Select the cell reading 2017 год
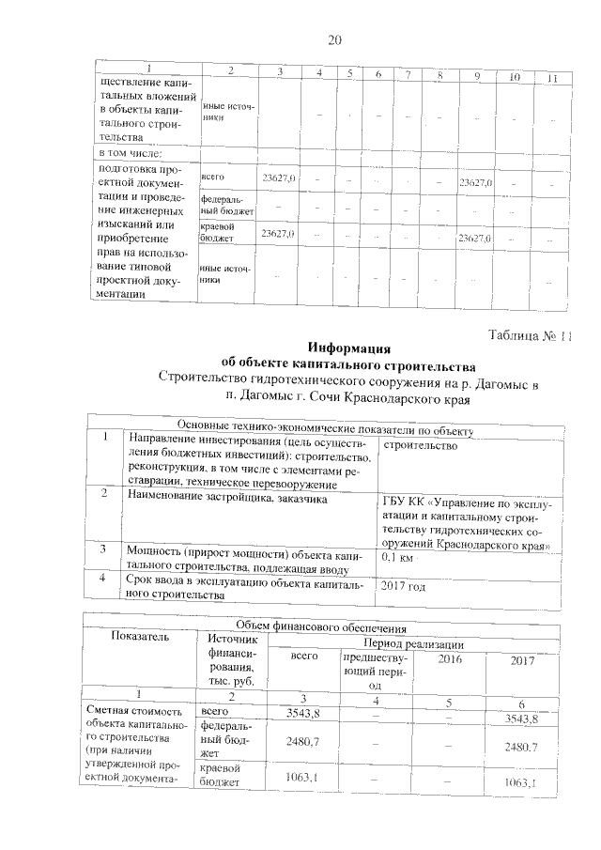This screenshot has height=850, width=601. tap(408, 587)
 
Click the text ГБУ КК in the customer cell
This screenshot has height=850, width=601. tap(405, 500)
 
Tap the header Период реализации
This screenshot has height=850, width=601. tap(416, 644)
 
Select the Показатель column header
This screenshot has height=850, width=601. tap(140, 637)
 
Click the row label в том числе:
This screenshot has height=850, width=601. tap(132, 152)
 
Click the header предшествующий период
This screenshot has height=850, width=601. tap(366, 672)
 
